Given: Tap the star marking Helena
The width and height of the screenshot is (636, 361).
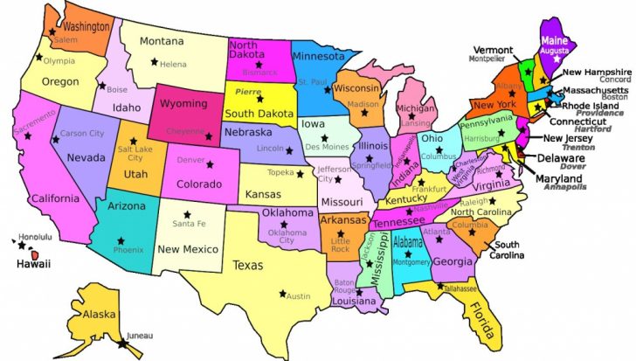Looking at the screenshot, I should click(155, 61).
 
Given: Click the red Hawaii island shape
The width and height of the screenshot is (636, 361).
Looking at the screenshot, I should click(36, 254).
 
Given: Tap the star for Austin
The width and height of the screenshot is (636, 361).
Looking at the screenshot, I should click(282, 292).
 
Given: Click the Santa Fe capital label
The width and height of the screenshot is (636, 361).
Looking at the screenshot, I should click(189, 225).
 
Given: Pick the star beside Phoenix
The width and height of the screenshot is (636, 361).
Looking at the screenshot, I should click(121, 239).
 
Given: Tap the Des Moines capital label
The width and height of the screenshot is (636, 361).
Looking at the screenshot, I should click(325, 148).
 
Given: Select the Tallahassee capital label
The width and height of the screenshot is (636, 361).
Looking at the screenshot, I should click(460, 288).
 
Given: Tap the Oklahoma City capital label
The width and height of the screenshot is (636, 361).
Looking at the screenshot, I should click(287, 236).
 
